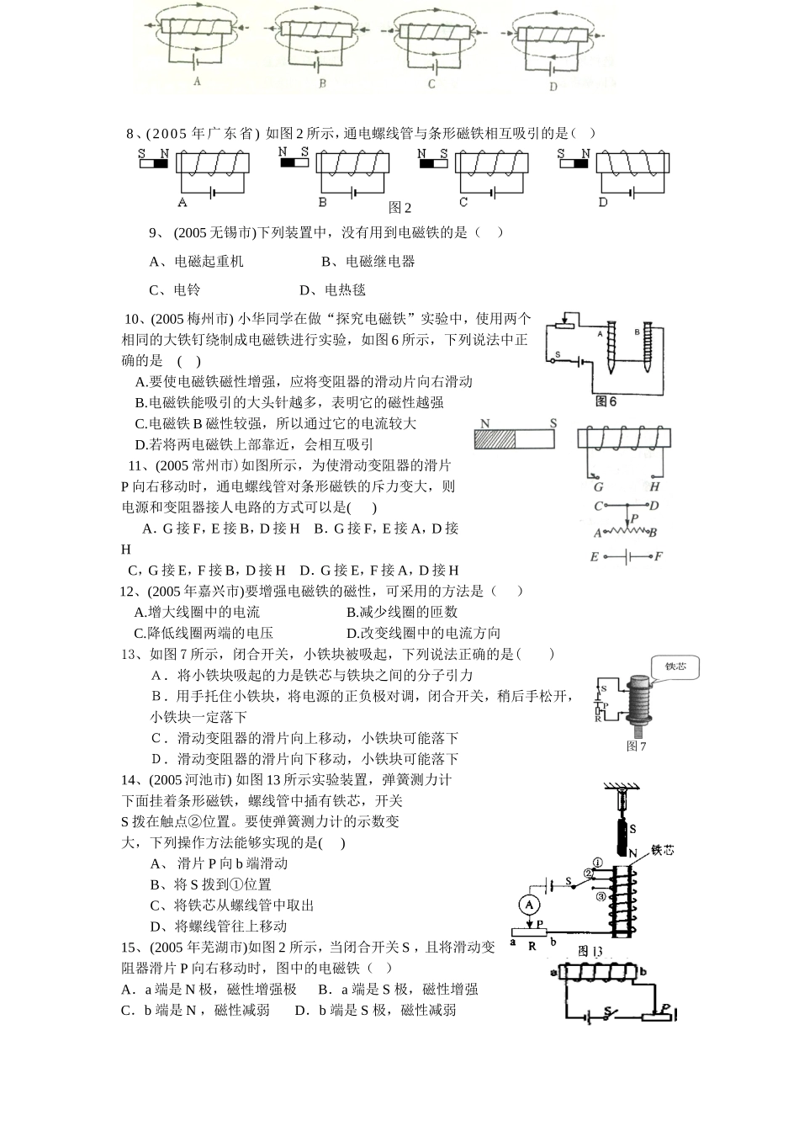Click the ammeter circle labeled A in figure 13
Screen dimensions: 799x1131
[528, 904]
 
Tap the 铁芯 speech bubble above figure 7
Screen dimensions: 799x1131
[675, 666]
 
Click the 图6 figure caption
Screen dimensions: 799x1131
[606, 401]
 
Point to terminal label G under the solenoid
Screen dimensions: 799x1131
[599, 486]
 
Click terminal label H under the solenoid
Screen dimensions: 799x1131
[654, 486]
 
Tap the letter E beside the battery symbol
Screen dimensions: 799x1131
[594, 556]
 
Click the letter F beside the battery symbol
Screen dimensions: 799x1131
[658, 556]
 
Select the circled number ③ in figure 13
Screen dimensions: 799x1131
[601, 897]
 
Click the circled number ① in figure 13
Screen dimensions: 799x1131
[597, 863]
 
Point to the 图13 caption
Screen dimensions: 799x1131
[592, 952]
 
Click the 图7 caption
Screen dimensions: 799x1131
[636, 746]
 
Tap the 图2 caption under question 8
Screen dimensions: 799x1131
[400, 208]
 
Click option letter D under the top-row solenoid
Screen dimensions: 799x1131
[553, 86]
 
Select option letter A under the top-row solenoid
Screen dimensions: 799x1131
[197, 82]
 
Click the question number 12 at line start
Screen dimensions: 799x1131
[128, 591]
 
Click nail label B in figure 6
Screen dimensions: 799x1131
[637, 332]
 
